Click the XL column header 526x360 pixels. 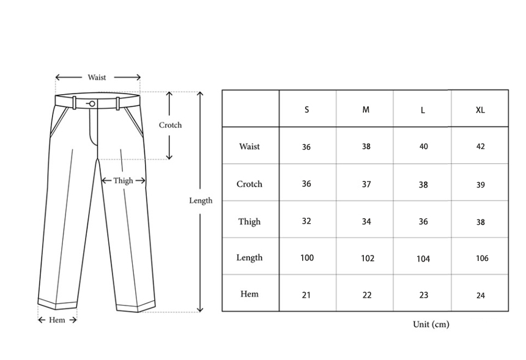coord(480,110)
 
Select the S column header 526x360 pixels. coord(306,110)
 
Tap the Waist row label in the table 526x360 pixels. coord(250,147)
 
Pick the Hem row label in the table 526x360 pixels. coord(250,294)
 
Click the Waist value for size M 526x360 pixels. coord(366,147)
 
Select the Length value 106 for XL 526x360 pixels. coord(482,259)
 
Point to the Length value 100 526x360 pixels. coord(307,258)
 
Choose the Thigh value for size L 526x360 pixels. coord(423,222)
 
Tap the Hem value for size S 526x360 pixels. coord(306,295)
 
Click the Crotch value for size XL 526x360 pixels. coord(481,185)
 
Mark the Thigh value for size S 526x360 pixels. coord(306,221)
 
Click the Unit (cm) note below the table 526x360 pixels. coord(431,324)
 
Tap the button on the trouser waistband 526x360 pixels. coord(91,103)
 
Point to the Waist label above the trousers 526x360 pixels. coord(97,78)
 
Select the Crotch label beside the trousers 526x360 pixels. coord(170,125)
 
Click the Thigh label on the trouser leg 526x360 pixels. coord(123,180)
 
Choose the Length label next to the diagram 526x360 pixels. coord(201,200)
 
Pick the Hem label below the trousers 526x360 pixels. coord(57,320)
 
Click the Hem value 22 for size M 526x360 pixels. coord(367,295)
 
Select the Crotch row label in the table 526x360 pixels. coord(250,184)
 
